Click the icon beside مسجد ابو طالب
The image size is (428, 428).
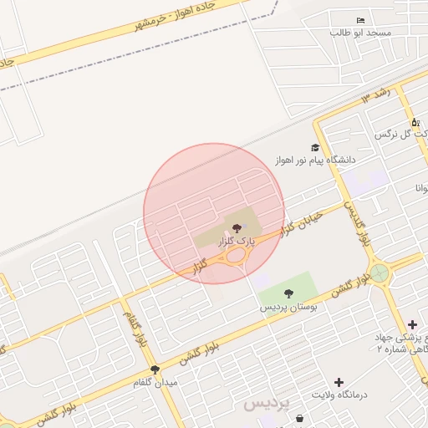point(360,20)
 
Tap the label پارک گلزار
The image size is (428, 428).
point(236,241)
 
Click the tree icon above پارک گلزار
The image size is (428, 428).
point(237,227)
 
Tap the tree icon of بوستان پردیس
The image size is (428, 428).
point(288,293)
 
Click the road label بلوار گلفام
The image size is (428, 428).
point(138,329)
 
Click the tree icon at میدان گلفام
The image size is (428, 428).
point(155,369)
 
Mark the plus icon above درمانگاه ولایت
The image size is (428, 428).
point(339,382)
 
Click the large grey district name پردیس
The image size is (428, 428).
point(267,404)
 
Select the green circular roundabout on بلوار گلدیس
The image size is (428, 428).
point(380,273)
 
